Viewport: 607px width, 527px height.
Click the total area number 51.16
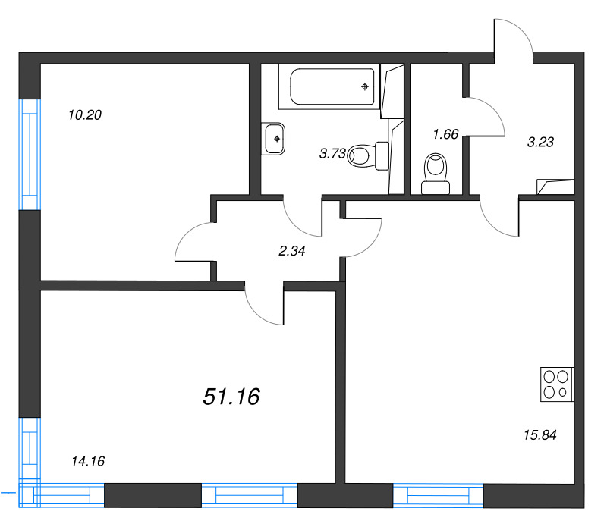(x=231, y=396)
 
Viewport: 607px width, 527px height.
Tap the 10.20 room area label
(x=84, y=115)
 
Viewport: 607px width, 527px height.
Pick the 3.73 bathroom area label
(x=333, y=154)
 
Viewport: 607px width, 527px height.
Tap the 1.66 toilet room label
(x=445, y=134)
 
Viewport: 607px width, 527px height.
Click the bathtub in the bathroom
(x=328, y=86)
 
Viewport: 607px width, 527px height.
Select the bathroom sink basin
(x=275, y=138)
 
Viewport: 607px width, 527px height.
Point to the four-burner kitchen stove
(x=557, y=384)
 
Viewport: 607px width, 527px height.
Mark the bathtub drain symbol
(x=366, y=86)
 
